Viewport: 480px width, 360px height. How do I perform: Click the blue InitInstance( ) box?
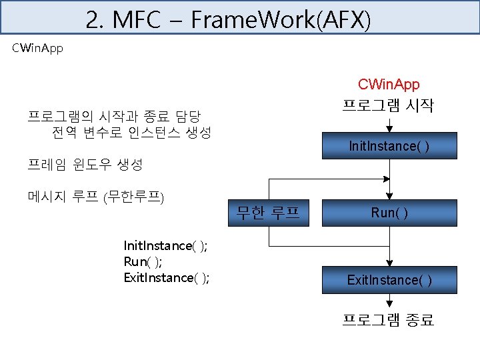(x=389, y=146)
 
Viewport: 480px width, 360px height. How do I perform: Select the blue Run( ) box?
(x=389, y=213)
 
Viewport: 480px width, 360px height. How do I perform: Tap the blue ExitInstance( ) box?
(x=389, y=279)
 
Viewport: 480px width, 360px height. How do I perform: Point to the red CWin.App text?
(x=389, y=85)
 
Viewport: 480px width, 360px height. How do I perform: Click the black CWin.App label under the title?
(x=38, y=49)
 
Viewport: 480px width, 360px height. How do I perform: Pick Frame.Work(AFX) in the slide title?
(x=280, y=20)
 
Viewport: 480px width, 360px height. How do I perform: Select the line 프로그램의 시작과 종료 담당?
(x=114, y=116)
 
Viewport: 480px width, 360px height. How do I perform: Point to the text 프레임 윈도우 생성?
(x=85, y=163)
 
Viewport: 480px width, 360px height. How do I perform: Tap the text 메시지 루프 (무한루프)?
(x=97, y=196)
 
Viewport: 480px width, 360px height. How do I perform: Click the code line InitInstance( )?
(x=165, y=246)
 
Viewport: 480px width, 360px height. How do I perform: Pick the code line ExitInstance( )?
(x=167, y=278)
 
